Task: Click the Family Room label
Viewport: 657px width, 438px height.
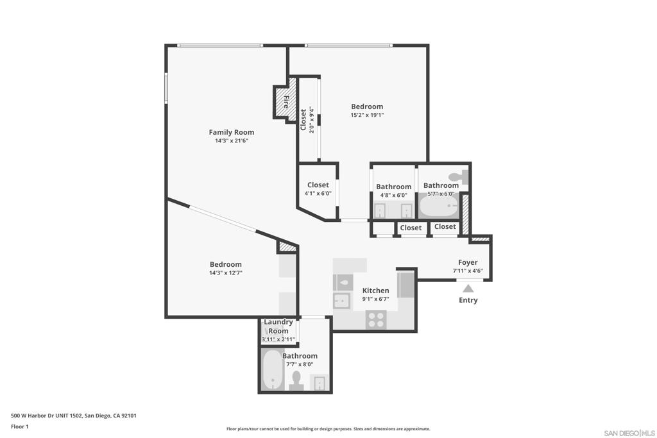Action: coord(231,132)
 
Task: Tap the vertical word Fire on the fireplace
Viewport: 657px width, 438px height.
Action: coord(286,102)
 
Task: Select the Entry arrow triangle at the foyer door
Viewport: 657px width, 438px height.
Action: coord(468,289)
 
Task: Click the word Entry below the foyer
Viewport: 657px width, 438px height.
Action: coord(468,300)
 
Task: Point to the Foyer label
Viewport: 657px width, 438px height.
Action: coord(468,262)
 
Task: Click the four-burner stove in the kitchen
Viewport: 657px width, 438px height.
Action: coord(375,319)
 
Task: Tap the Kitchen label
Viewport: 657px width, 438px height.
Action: coord(375,291)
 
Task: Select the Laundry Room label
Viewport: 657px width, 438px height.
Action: coord(278,326)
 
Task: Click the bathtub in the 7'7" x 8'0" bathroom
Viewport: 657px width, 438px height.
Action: coord(273,370)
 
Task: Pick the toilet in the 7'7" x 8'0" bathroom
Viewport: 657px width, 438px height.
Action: coord(296,380)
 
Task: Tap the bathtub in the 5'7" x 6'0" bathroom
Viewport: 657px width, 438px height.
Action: coord(438,207)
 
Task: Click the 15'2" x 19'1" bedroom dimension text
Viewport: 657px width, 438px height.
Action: coord(366,115)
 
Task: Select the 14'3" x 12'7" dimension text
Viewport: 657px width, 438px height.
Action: coord(225,273)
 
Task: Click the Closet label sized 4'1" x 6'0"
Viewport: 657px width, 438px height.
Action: coord(318,185)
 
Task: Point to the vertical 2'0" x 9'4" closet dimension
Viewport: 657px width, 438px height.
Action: coord(312,119)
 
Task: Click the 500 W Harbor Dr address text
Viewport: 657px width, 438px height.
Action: coord(74,416)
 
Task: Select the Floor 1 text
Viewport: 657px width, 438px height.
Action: coord(21,426)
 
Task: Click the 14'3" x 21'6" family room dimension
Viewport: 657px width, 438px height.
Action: coord(231,140)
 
